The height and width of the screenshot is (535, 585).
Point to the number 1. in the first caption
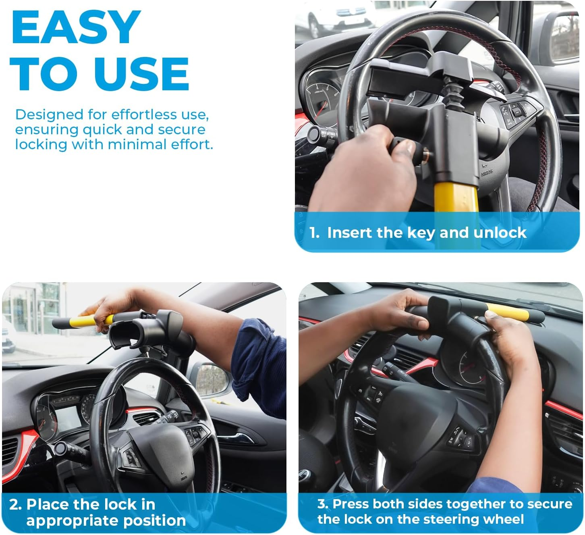pyautogui.click(x=315, y=233)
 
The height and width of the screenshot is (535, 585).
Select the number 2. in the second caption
pyautogui.click(x=16, y=504)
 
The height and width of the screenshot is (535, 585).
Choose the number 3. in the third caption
pyautogui.click(x=323, y=504)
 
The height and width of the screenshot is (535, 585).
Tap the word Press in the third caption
pyautogui.click(x=351, y=504)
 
